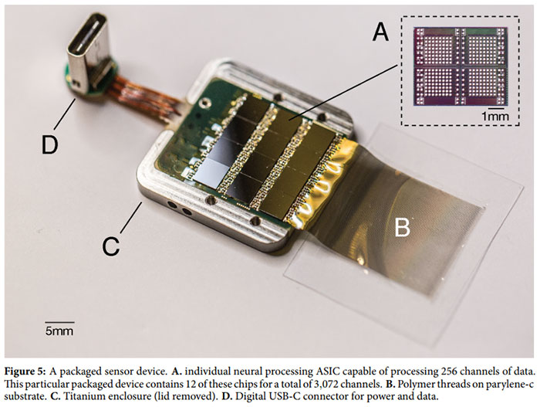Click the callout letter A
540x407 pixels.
[379, 32]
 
